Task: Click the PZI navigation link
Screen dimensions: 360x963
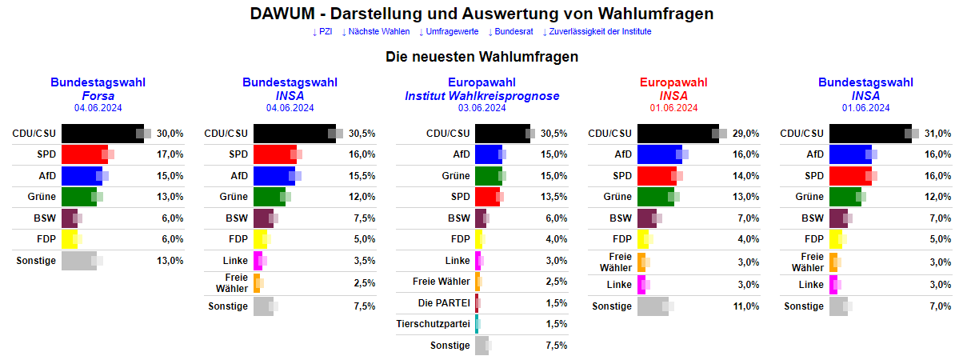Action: click(322, 31)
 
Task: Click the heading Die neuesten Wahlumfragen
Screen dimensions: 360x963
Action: click(481, 57)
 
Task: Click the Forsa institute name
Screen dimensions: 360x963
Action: click(98, 95)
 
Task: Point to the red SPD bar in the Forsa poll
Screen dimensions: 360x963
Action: click(84, 154)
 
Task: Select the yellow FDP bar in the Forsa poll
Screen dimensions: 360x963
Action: click(69, 239)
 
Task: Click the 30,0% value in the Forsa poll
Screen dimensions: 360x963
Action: click(170, 134)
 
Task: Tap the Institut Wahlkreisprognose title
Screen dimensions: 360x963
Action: click(481, 95)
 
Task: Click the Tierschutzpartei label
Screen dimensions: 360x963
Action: click(433, 324)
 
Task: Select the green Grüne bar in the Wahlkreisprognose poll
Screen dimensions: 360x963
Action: click(487, 176)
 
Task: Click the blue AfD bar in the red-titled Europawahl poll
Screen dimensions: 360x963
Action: click(659, 154)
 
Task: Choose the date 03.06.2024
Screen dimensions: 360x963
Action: click(481, 108)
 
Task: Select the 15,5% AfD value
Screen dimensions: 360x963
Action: click(362, 176)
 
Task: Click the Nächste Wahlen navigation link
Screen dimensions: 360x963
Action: click(375, 31)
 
